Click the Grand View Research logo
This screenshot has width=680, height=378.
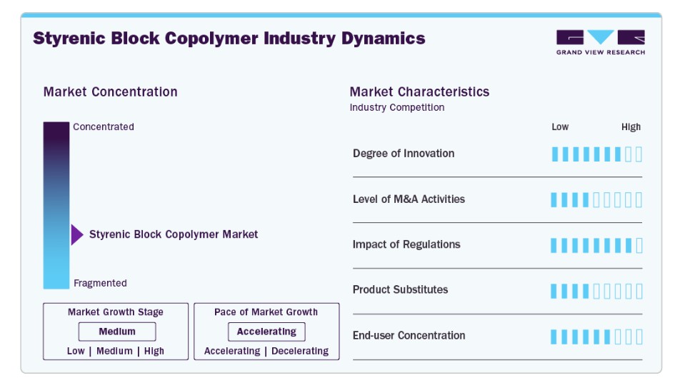pos(601,43)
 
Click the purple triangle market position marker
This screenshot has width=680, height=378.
pos(76,235)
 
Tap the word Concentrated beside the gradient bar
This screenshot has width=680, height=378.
pos(103,126)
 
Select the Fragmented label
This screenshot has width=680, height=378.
pos(100,283)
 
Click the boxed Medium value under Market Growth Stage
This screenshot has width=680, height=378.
pos(117,332)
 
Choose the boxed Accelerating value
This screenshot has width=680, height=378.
pos(266,332)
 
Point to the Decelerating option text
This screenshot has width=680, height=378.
pos(300,351)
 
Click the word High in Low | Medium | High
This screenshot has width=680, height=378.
pos(154,351)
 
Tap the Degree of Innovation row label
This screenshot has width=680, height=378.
pos(404,153)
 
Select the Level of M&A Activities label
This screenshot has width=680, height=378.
pos(409,199)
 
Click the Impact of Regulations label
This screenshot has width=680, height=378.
pos(406,244)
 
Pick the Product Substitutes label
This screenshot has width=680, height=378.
pos(400,289)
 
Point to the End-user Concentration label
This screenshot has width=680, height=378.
pos(409,335)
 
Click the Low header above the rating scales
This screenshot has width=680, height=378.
pos(560,126)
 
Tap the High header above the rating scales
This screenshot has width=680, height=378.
pos(631,126)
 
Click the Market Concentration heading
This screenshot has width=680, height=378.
pos(110,91)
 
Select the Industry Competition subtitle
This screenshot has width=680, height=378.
pos(397,107)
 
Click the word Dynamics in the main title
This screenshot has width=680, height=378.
pos(383,38)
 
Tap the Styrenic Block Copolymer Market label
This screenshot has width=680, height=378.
pos(174,234)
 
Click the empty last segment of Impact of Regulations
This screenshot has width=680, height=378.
pos(639,245)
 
